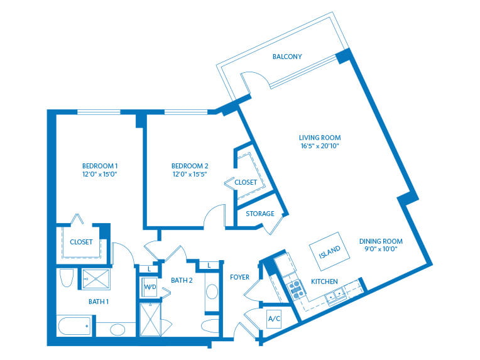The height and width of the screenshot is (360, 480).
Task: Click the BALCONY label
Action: [x=286, y=57]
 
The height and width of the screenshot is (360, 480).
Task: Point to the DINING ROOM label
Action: [x=381, y=241]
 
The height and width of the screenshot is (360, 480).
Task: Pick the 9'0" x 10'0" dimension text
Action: [x=381, y=249]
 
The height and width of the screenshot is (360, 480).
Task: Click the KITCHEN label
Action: [x=324, y=281]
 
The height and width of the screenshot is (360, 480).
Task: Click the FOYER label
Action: [x=239, y=277]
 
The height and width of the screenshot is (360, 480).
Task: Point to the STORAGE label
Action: [x=259, y=214]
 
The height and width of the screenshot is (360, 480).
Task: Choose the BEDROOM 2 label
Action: [x=190, y=165]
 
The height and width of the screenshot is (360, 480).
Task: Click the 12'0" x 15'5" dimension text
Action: [x=190, y=174]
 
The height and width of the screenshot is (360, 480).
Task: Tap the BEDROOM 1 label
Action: [x=100, y=165]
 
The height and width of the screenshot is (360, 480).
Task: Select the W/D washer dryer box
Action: [x=150, y=288]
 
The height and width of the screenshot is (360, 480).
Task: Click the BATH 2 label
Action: [x=182, y=280]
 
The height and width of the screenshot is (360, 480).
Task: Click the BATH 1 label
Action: [x=99, y=302]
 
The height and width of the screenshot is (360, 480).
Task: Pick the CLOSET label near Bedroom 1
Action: [x=81, y=242]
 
